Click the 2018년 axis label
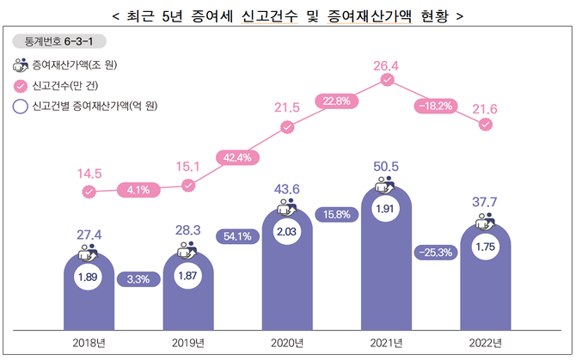coord(89,343)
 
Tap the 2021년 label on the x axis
coord(387,343)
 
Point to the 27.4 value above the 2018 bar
coord(89,235)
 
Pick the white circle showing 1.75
coord(486,247)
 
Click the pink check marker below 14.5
coord(89,191)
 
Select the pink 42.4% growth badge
coord(237,157)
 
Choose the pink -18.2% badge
coord(436,105)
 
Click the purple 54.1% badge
coord(237,235)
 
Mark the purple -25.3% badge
coord(436,252)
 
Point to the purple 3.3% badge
coord(138,279)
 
